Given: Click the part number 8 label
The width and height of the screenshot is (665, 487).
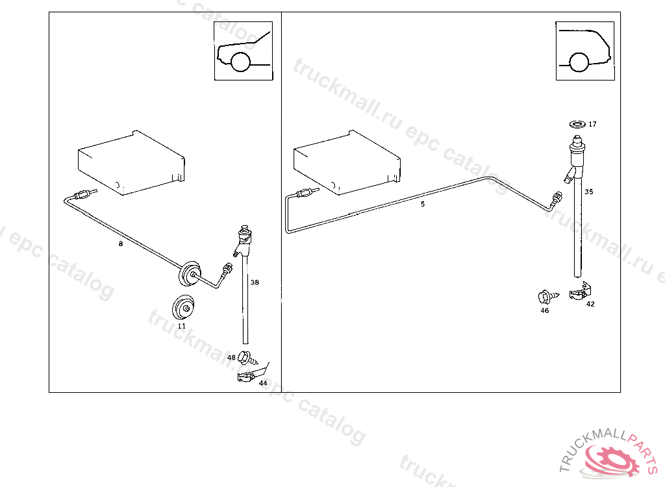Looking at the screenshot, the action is click(120, 244).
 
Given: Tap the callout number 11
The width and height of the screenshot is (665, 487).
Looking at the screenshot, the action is click(182, 326).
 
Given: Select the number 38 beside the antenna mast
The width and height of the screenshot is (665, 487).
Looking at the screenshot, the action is click(255, 282).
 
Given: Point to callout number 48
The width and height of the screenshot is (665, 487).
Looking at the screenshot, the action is click(232, 358).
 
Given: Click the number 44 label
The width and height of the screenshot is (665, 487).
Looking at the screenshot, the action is click(263, 383).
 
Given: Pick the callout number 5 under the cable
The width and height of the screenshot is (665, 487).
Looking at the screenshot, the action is click(423, 204).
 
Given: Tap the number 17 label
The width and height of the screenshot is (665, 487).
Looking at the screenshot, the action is click(592, 124).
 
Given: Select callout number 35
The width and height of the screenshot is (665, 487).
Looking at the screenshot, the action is click(588, 192).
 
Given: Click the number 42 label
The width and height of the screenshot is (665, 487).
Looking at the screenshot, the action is click(590, 303).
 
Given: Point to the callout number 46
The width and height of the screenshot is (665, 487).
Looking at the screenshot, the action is click(545, 310).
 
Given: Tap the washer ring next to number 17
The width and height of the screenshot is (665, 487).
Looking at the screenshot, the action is click(576, 123).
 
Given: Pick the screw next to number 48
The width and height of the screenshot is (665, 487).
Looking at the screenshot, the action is click(245, 356).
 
